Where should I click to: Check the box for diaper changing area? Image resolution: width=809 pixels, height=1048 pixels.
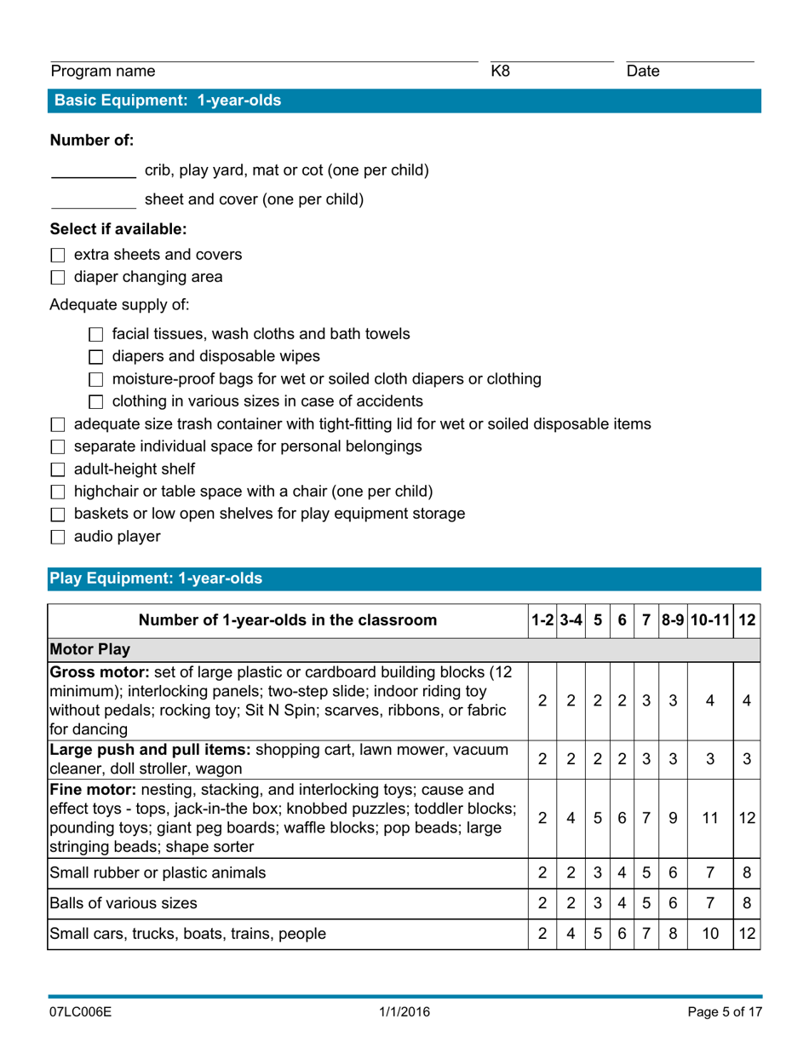(x=58, y=277)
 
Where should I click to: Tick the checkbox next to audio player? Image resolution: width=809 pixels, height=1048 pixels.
(x=58, y=538)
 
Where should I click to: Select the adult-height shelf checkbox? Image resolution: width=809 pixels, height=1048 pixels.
(x=58, y=469)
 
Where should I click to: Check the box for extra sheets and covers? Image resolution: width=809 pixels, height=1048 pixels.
(x=58, y=255)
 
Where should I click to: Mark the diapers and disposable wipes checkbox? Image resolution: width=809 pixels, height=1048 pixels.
(x=95, y=357)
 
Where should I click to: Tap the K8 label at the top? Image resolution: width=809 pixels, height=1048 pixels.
(x=501, y=72)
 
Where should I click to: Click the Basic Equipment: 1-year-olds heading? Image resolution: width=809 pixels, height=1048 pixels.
(x=168, y=101)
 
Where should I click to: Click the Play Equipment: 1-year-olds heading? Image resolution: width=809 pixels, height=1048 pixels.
(x=157, y=579)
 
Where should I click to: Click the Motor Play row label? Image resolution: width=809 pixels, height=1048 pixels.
(x=90, y=650)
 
